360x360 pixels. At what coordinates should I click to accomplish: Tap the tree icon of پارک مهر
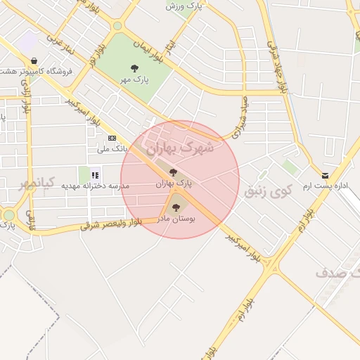click(134, 68)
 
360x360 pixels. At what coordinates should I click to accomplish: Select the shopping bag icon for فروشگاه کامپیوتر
click(34, 62)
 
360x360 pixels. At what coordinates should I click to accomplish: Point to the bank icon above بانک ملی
click(111, 138)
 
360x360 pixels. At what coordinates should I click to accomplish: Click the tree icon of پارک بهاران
click(173, 172)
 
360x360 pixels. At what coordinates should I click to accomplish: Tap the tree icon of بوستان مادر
click(175, 207)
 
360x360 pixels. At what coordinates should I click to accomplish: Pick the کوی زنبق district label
click(266, 191)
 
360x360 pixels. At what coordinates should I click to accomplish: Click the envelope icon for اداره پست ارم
click(324, 175)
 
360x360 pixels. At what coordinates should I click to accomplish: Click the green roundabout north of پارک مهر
click(117, 26)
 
